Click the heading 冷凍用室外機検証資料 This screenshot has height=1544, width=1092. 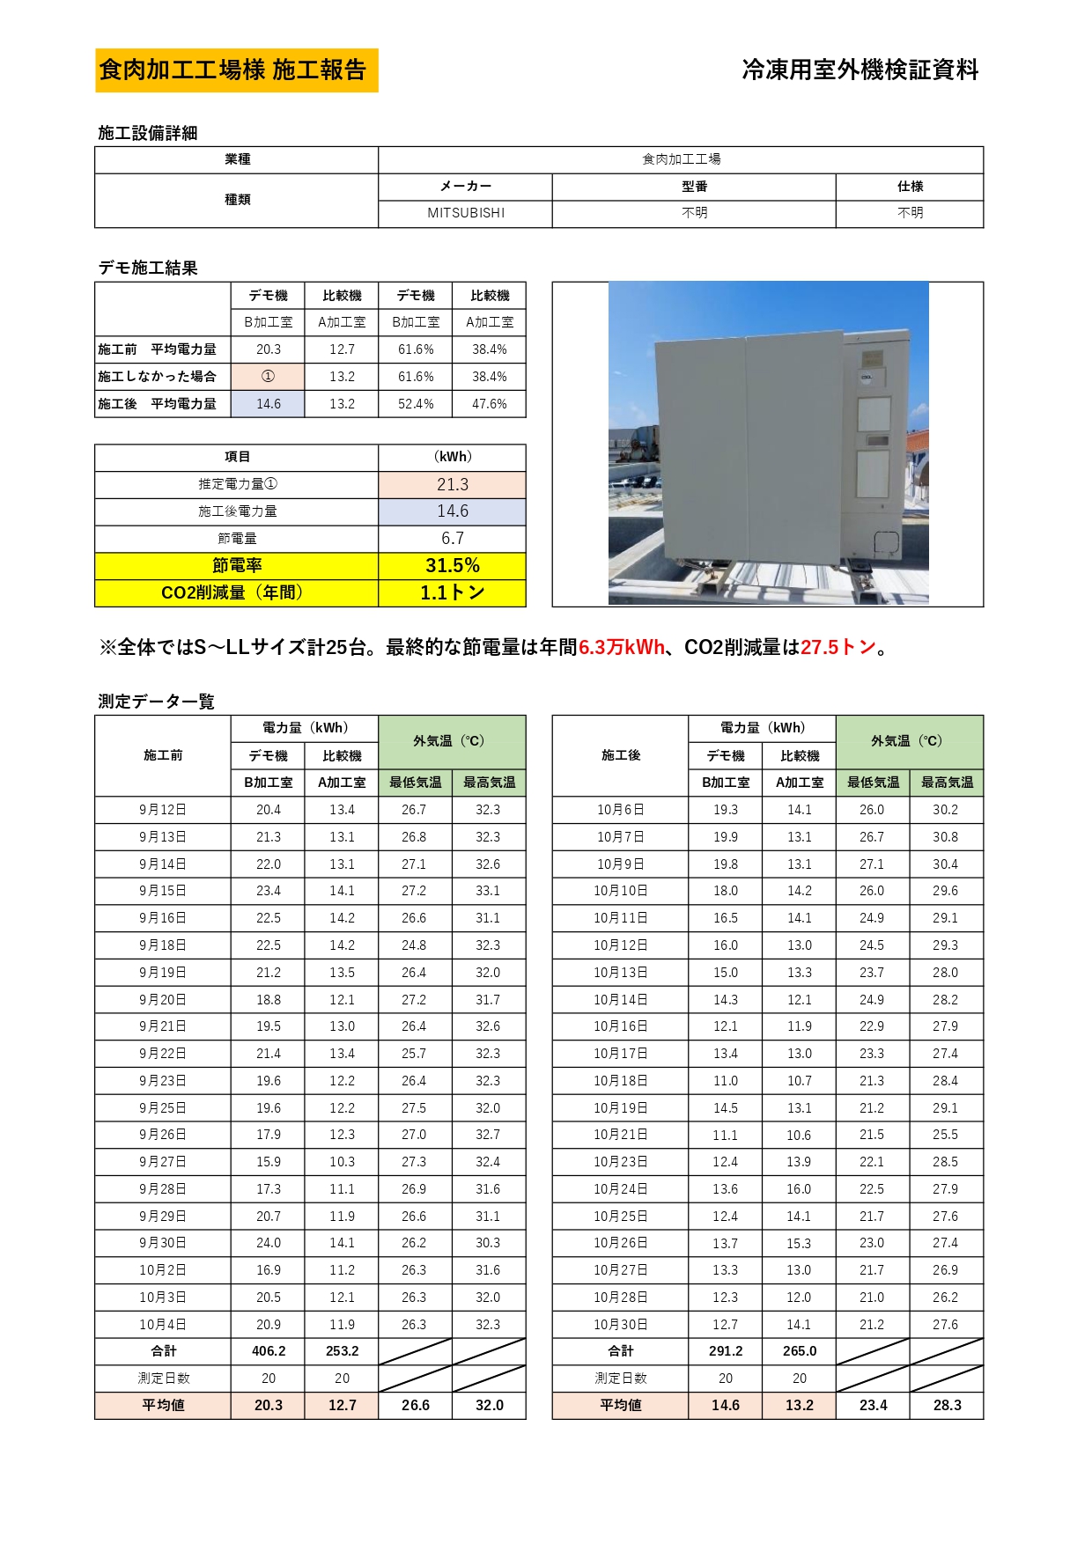[x=860, y=70]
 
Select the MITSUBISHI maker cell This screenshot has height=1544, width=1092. [x=466, y=213]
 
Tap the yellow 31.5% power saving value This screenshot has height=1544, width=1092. [x=453, y=566]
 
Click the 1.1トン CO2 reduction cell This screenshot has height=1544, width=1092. [x=453, y=593]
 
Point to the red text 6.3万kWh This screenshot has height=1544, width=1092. [x=622, y=648]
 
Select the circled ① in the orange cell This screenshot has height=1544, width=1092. [x=269, y=377]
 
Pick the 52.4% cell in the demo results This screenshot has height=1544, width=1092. [x=416, y=404]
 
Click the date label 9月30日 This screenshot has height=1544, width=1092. [x=163, y=1243]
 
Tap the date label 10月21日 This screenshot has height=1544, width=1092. [x=621, y=1135]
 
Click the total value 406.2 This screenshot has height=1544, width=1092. [x=269, y=1351]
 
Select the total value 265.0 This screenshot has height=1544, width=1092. [x=800, y=1351]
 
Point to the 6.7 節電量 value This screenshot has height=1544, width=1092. [x=453, y=539]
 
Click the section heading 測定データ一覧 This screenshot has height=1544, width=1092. [x=157, y=702]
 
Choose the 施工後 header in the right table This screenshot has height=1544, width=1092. [x=621, y=755]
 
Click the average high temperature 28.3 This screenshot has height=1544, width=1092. [x=947, y=1406]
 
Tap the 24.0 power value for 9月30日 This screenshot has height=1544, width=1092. [x=269, y=1243]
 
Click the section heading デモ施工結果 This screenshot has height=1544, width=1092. [x=148, y=268]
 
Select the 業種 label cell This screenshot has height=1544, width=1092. [x=237, y=159]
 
